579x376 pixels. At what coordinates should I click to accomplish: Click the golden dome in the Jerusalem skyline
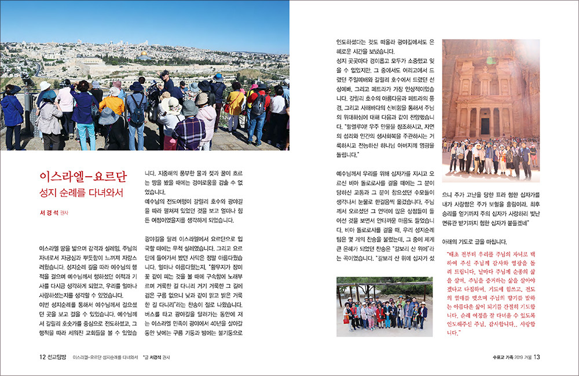(144, 54)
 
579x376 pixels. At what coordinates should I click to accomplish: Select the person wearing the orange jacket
(112, 104)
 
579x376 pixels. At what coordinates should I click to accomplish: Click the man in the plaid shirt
(189, 130)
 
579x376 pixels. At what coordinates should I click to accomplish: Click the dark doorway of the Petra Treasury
(485, 125)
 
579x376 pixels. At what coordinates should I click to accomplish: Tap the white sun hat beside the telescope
(45, 86)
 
